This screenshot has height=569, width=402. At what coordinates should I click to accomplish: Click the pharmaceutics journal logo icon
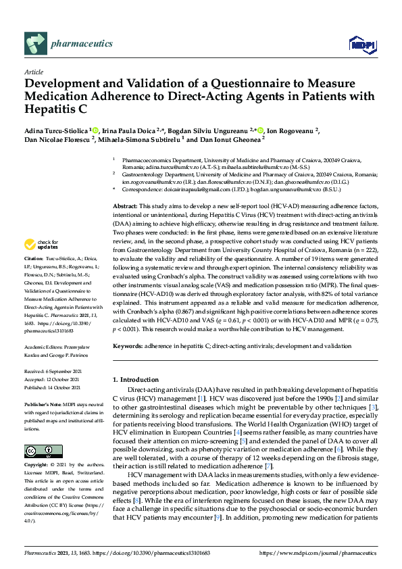click(x=35, y=43)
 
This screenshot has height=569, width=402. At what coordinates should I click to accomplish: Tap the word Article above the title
click(x=33, y=72)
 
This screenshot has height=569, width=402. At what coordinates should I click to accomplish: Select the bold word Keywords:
click(x=128, y=345)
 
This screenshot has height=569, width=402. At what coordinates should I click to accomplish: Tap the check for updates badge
click(x=41, y=244)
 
